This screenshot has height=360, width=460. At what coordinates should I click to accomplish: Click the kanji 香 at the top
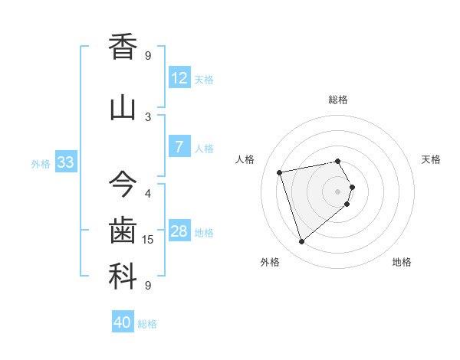point(123,47)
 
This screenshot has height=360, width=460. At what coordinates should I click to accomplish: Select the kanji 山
point(123,108)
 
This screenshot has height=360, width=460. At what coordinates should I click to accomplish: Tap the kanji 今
point(123,184)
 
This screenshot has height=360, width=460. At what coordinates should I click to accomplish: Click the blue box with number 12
point(179,77)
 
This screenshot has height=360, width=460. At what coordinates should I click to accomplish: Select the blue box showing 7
point(179,146)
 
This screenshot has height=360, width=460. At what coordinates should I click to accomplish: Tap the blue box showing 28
point(179,231)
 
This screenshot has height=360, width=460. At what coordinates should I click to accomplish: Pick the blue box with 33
point(65,162)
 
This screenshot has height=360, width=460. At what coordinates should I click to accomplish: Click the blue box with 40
point(123,322)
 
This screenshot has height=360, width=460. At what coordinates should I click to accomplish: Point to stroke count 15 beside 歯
point(149,240)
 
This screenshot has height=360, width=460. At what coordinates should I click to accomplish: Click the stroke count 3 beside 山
point(148,117)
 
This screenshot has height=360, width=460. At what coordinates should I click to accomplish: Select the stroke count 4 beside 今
point(148,193)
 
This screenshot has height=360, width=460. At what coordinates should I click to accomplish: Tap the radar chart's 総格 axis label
point(338,100)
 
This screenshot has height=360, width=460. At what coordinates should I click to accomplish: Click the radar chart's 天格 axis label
point(432,159)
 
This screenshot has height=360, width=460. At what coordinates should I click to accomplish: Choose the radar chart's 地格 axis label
point(402,262)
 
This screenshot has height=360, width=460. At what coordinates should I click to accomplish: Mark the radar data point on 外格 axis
point(301,242)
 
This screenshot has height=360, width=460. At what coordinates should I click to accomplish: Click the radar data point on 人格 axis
point(280,172)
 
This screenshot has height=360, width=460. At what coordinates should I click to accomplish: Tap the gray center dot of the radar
point(337,191)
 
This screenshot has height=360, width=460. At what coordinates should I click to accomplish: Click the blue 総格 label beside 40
point(148,324)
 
